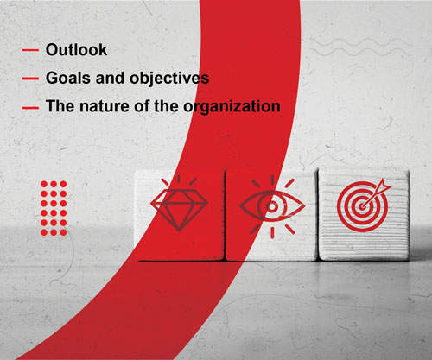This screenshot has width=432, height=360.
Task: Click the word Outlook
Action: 76,49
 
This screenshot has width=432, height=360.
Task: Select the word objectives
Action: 169,79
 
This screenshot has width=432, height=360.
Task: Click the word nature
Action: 105,106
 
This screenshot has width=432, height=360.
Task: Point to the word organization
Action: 232,107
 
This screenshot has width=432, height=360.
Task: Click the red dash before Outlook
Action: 30,50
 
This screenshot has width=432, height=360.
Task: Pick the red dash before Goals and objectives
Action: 30,79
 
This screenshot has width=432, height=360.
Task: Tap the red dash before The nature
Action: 30,108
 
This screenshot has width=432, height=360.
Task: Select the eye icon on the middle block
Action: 272,206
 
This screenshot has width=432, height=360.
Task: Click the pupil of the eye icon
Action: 272,206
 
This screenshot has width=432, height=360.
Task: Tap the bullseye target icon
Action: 363,206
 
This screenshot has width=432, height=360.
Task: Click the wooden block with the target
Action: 364,215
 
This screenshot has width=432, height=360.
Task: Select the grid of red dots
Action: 54,208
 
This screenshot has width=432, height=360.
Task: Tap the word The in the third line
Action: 60,106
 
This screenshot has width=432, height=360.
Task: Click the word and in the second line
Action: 111,78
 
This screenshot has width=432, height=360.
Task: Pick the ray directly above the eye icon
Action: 272,180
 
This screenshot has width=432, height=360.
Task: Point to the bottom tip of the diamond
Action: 179,231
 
